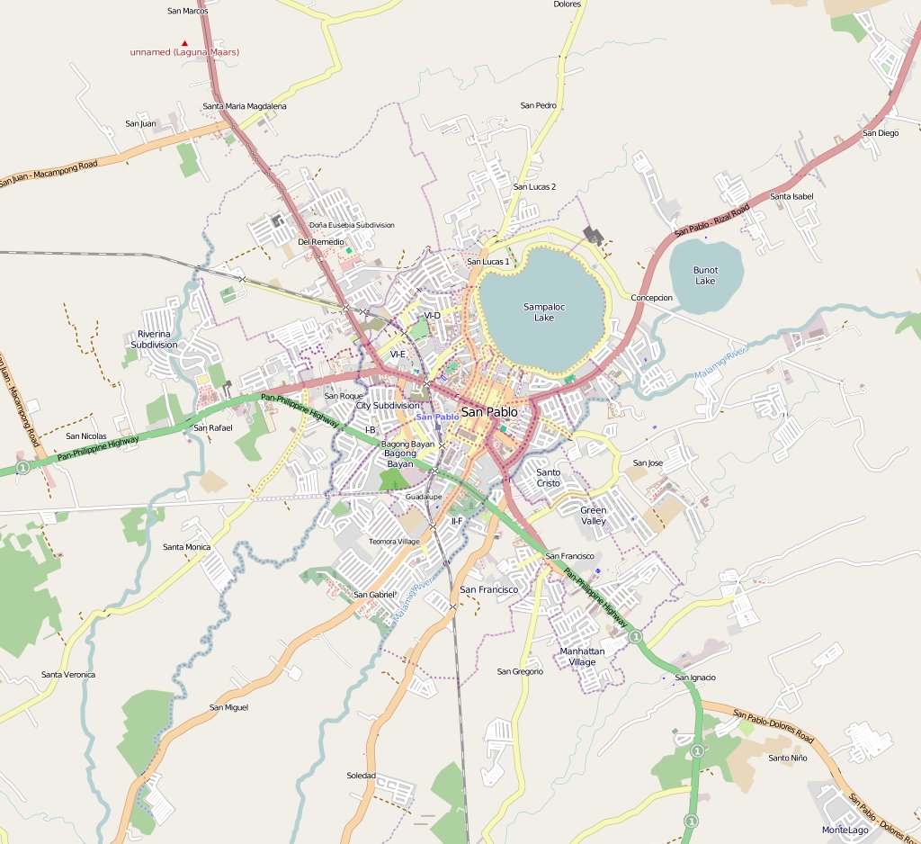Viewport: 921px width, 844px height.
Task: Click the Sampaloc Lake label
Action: coord(543,312)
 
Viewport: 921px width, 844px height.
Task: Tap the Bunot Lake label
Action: coord(705,275)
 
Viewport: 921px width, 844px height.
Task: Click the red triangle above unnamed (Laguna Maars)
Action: coord(185,42)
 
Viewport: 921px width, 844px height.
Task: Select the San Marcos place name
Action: coord(188,11)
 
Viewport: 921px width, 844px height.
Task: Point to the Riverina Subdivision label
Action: coord(154,339)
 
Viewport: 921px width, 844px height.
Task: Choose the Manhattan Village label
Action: coord(582,656)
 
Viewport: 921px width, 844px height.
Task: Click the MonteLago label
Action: coord(845,830)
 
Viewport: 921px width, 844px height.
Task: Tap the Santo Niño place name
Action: coord(787,758)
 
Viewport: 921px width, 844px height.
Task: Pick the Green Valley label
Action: coord(593,516)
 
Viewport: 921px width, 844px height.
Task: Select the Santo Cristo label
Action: coord(548,478)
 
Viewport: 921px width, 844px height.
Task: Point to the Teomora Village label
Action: coord(394,542)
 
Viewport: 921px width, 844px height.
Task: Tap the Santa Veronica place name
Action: coord(68,675)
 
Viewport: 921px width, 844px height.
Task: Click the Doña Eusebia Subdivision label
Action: coord(352,225)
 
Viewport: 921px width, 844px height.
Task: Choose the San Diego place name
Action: coord(880,133)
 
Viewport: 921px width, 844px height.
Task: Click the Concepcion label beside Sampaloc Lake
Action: coord(651,298)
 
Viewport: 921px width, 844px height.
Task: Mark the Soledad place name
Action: coord(361,776)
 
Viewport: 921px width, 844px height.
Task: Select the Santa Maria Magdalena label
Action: coord(245,106)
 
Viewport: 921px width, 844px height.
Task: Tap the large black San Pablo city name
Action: coord(488,412)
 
